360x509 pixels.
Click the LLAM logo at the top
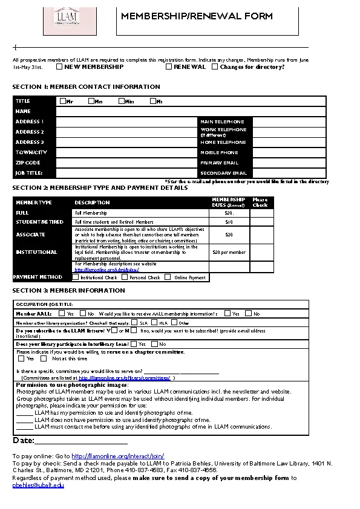click(67, 18)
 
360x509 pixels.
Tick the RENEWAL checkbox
click(169, 66)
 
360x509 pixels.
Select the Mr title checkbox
click(62, 101)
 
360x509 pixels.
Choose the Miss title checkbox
click(122, 101)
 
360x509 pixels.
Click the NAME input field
click(191, 111)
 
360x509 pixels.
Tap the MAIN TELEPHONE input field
click(289, 122)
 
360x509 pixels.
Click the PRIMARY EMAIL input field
click(289, 163)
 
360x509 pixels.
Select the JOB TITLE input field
click(126, 173)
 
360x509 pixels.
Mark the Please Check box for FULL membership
click(261, 213)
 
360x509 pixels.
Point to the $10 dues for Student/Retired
click(229, 222)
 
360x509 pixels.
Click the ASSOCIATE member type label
click(30, 235)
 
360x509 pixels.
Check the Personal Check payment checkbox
click(124, 277)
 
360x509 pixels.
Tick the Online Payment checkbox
click(168, 277)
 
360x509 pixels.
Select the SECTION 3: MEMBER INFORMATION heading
click(68, 291)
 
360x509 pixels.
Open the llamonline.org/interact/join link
click(117, 456)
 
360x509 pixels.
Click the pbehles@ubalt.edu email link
click(38, 485)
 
